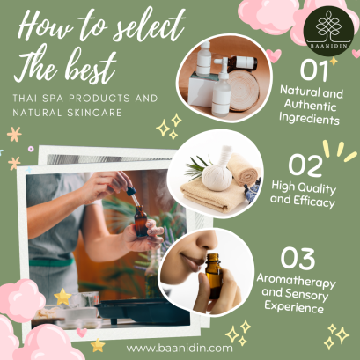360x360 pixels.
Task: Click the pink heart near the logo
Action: [275, 55]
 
